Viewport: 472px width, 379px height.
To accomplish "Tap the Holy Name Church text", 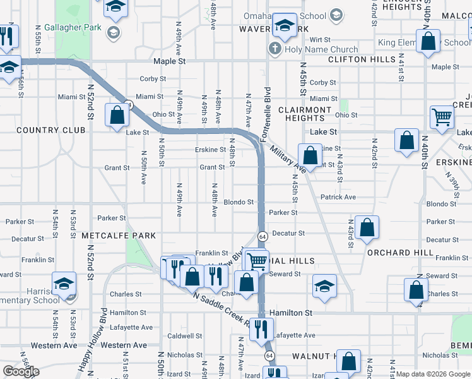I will pos(321,49).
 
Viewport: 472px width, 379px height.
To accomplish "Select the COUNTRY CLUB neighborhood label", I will pos(50,130).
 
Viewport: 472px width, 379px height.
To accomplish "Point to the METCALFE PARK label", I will pos(119,236).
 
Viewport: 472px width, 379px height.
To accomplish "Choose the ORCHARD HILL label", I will pos(400,253).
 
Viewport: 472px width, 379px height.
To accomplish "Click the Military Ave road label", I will pos(287,158).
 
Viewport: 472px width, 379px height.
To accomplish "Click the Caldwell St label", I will pos(184,336).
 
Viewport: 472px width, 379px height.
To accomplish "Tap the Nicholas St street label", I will pos(184,355).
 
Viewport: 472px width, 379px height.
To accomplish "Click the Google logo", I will pos(21,371).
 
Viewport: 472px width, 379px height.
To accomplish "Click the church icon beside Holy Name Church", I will pos(275,49).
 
